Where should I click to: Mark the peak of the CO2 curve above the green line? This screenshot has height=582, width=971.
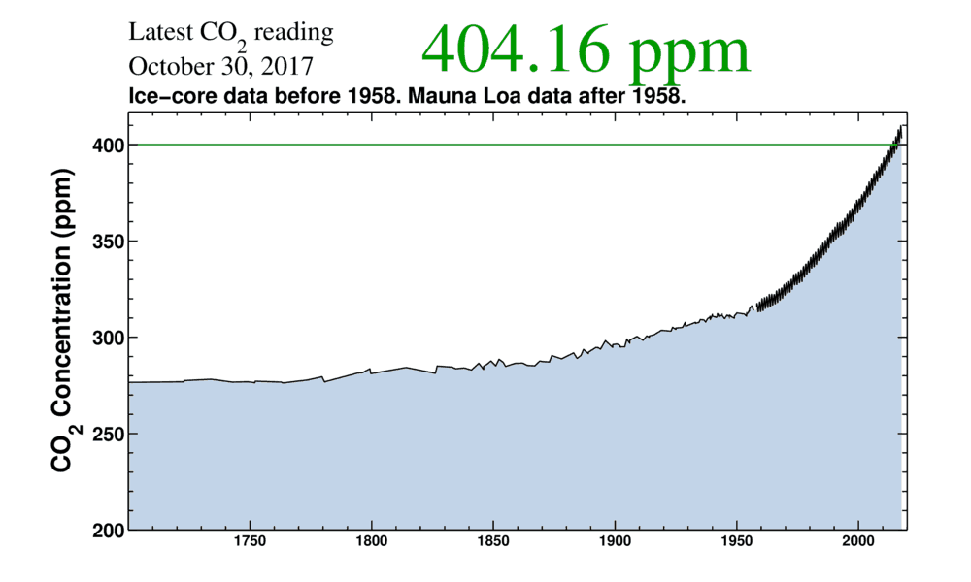pos(901,126)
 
